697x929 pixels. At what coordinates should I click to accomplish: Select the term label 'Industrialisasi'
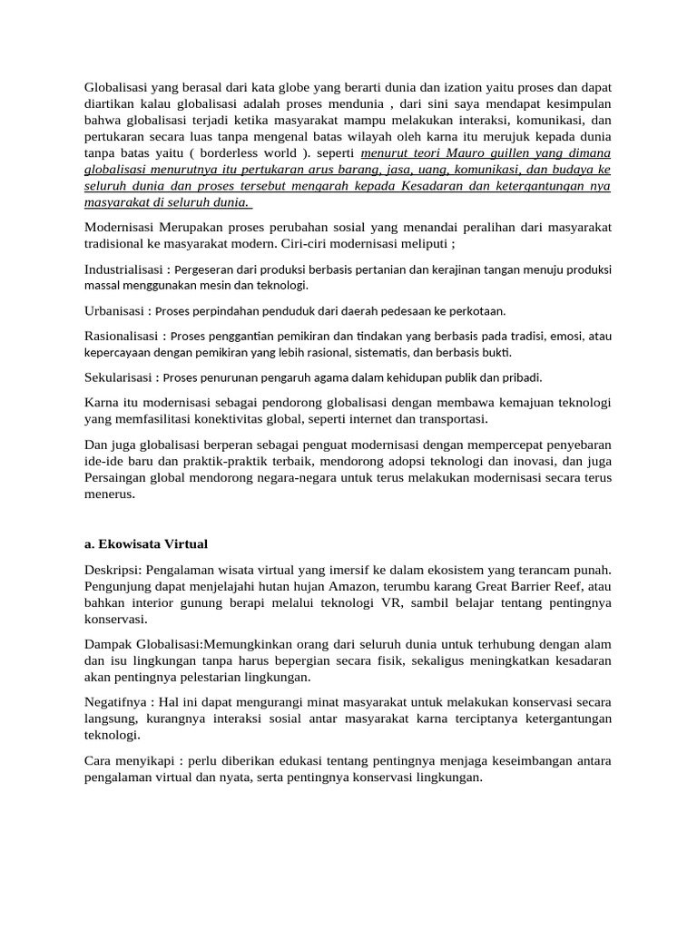click(125, 269)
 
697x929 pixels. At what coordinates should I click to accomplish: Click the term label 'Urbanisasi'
click(115, 310)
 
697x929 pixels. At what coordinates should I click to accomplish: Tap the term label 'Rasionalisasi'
click(123, 336)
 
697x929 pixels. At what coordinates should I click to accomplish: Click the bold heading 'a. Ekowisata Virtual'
click(146, 544)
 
